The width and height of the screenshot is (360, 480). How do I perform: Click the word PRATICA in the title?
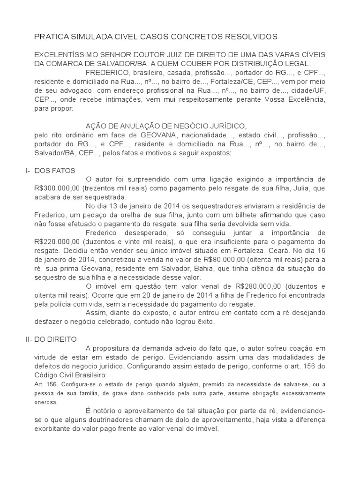click(52, 37)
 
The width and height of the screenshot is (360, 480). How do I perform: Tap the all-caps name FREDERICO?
click(108, 72)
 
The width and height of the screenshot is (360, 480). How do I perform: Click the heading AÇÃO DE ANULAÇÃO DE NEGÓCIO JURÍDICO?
click(166, 126)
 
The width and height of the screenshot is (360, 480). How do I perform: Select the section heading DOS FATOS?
click(55, 170)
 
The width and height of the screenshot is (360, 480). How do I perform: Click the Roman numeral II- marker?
click(28, 339)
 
